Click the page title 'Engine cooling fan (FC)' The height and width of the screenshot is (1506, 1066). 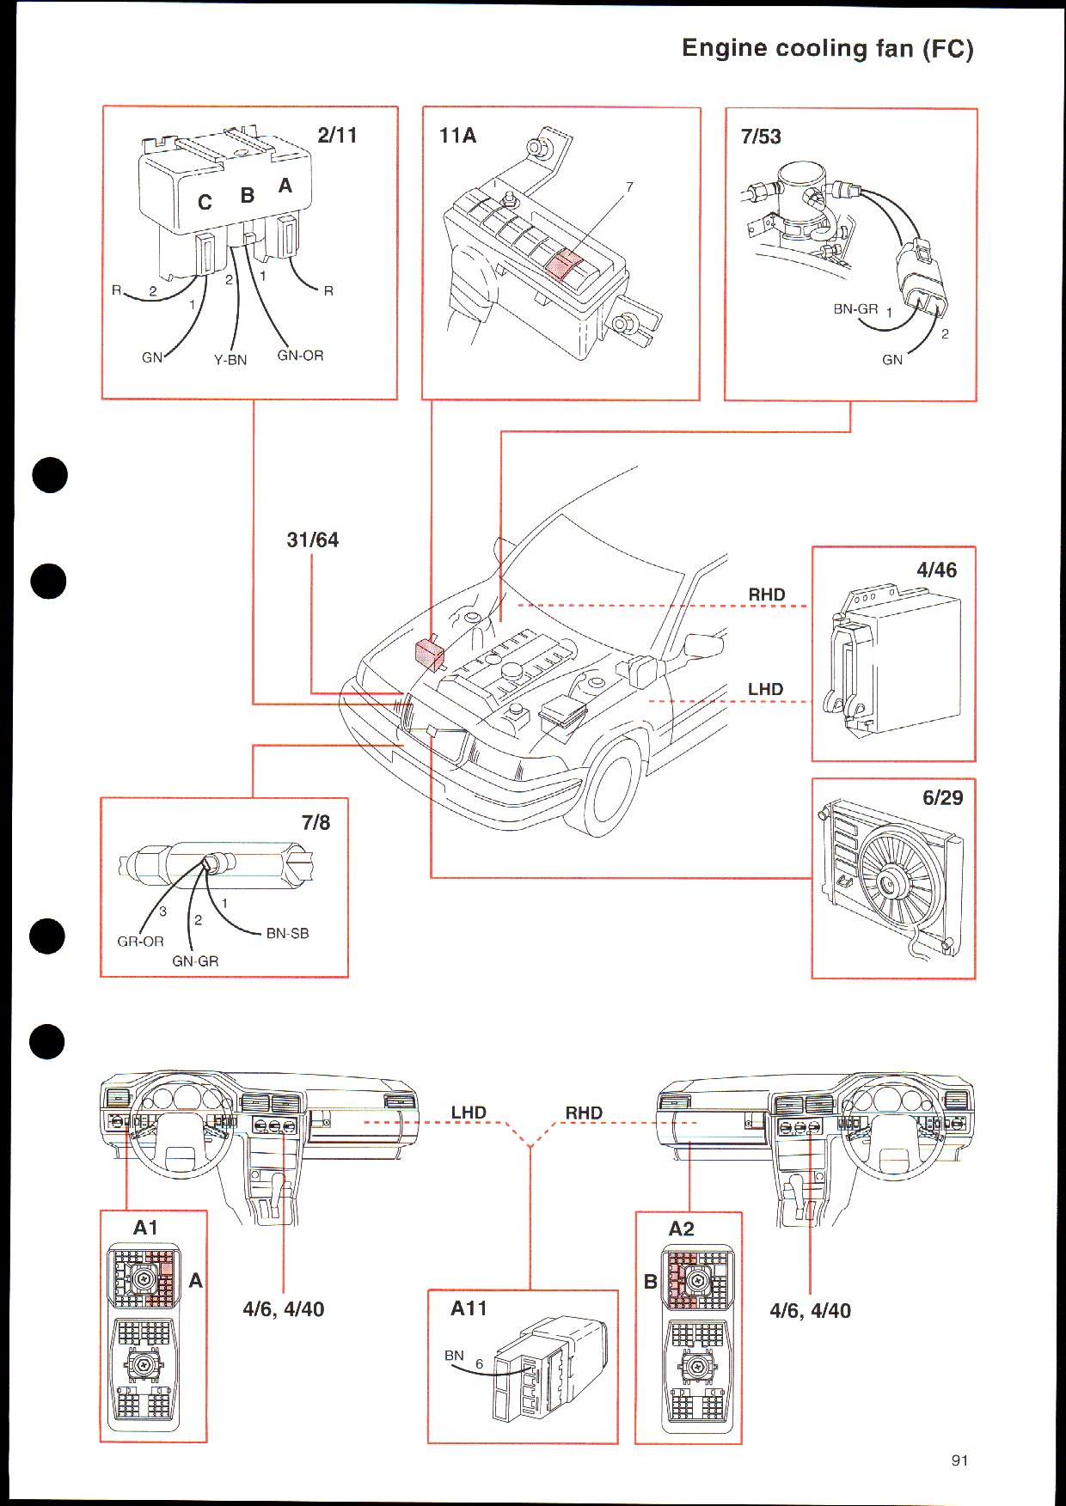(x=828, y=48)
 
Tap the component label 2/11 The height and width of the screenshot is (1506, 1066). (x=337, y=135)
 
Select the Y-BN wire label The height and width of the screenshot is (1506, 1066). (x=230, y=360)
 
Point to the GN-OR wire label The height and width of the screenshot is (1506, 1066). (x=300, y=356)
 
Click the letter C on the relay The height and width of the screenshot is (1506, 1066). (x=205, y=203)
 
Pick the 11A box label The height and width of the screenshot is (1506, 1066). (x=457, y=136)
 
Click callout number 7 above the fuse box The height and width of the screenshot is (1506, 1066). (x=629, y=186)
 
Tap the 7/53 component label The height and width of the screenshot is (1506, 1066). (x=761, y=137)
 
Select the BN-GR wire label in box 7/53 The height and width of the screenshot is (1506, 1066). (x=855, y=309)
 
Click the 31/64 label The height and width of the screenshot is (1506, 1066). (x=313, y=540)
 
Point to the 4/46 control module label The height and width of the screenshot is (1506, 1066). (x=936, y=570)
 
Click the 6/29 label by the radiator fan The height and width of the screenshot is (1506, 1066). (x=942, y=797)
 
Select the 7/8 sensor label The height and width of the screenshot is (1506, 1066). (x=316, y=823)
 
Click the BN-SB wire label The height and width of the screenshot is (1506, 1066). (x=287, y=934)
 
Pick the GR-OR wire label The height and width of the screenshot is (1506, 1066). (x=140, y=942)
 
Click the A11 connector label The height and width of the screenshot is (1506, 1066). (x=469, y=1308)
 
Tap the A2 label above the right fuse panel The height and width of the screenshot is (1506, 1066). (x=681, y=1229)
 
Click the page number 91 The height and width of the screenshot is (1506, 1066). (x=960, y=1460)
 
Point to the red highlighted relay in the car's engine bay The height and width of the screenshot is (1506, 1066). (x=430, y=654)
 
